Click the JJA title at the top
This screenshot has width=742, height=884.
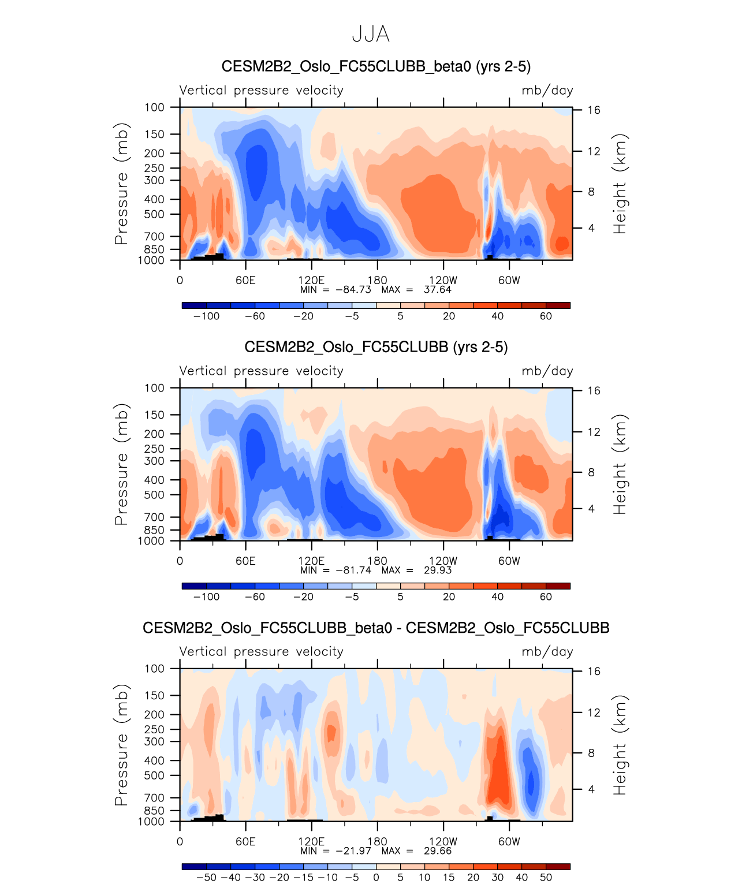pyautogui.click(x=371, y=35)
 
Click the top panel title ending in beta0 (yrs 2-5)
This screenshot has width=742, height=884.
pyautogui.click(x=376, y=66)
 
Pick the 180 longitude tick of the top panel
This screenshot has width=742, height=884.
pyautogui.click(x=378, y=280)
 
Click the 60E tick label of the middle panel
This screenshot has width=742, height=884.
pyautogui.click(x=245, y=561)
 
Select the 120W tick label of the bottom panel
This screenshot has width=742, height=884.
pyautogui.click(x=443, y=841)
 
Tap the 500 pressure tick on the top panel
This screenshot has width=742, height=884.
pyautogui.click(x=155, y=214)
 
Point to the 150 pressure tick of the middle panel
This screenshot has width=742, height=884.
pyautogui.click(x=155, y=415)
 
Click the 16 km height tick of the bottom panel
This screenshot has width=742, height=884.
pyautogui.click(x=594, y=672)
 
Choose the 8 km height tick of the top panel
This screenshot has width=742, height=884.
pyautogui.click(x=591, y=192)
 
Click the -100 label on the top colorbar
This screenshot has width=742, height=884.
pyautogui.click(x=206, y=316)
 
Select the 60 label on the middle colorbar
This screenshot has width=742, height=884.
pyautogui.click(x=546, y=597)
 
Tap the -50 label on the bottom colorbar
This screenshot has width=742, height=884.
pyautogui.click(x=206, y=878)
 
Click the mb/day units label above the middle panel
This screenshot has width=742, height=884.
pyautogui.click(x=547, y=371)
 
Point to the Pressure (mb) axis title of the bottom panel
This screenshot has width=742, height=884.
pyautogui.click(x=121, y=745)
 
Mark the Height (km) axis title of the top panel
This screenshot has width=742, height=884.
pyautogui.click(x=620, y=184)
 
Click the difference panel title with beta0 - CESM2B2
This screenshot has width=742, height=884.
pyautogui.click(x=376, y=628)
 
